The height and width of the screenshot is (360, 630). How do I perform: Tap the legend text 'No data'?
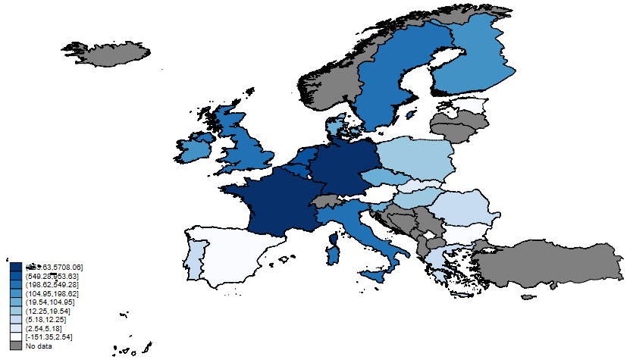click(x=37, y=346)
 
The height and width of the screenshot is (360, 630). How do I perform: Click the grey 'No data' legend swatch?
click(x=15, y=346)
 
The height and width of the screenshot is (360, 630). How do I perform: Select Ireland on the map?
click(x=194, y=147)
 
